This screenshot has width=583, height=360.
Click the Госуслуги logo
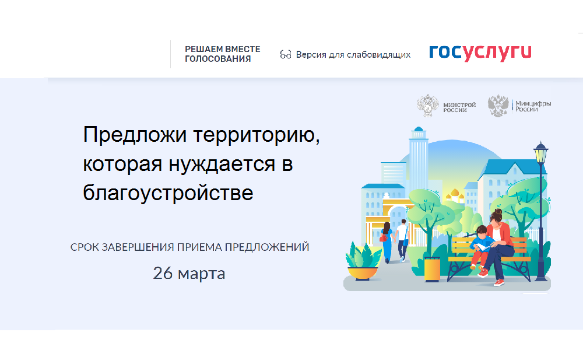click(480, 53)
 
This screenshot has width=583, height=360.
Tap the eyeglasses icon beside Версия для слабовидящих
click(286, 55)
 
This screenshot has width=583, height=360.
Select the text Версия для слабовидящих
click(353, 55)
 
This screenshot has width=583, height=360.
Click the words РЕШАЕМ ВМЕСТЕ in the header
click(222, 49)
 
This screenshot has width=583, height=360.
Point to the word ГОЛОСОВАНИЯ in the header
click(218, 59)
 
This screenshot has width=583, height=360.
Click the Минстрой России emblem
click(428, 106)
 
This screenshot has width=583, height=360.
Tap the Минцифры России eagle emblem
click(498, 106)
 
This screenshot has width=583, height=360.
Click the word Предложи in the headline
click(135, 134)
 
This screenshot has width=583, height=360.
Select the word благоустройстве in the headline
click(168, 193)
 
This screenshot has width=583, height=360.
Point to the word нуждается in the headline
click(222, 164)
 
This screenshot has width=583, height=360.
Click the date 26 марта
click(189, 273)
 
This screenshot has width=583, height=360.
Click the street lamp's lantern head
click(540, 152)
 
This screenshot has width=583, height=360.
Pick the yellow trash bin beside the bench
click(432, 269)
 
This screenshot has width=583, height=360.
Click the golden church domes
click(454, 194)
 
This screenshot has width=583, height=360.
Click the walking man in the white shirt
click(402, 240)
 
